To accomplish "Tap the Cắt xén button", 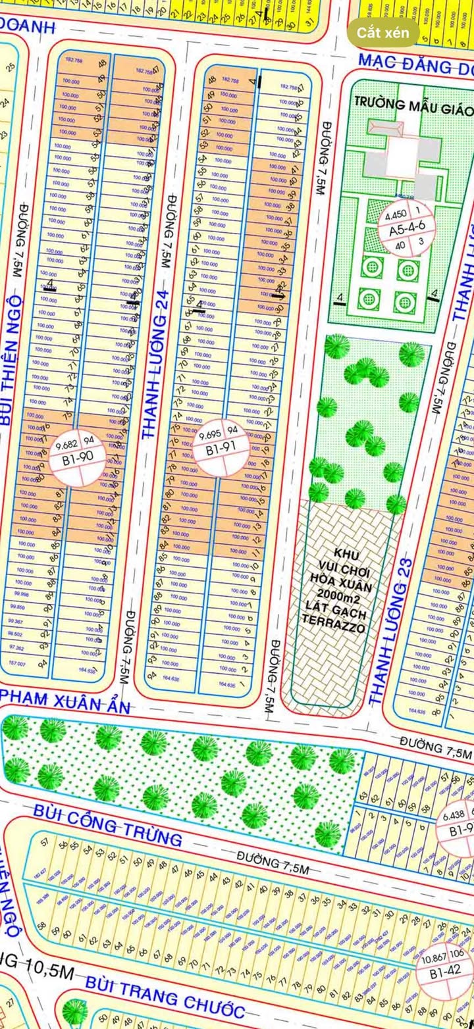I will [383, 32].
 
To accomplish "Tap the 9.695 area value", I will [209, 434].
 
